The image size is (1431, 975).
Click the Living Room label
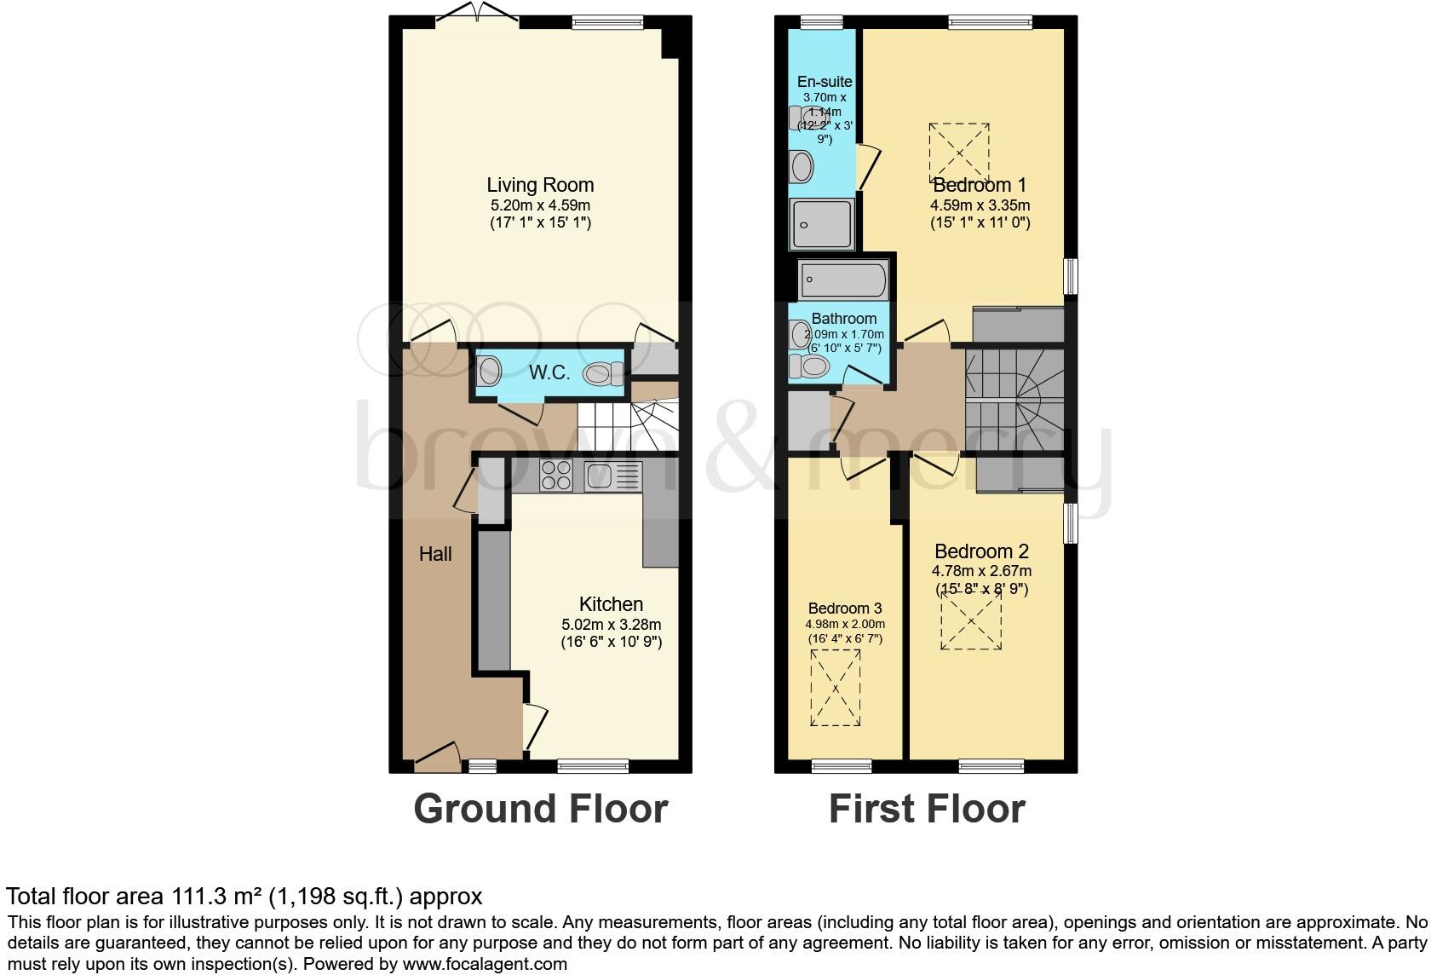tap(540, 185)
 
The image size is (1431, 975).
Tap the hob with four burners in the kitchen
tap(555, 475)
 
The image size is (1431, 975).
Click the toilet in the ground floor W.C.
tap(602, 373)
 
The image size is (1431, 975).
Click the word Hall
tap(435, 554)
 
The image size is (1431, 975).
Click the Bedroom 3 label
tap(844, 609)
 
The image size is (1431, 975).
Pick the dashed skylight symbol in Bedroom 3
tap(836, 687)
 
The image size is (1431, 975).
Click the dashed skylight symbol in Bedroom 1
tap(959, 153)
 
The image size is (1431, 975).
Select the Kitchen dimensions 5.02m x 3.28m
tap(610, 624)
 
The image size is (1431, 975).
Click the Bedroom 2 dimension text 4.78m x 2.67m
tap(982, 571)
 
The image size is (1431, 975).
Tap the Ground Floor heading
tap(540, 809)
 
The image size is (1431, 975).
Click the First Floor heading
tap(926, 809)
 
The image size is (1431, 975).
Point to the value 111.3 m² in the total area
tap(220, 897)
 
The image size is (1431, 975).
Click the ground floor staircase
tap(628, 427)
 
